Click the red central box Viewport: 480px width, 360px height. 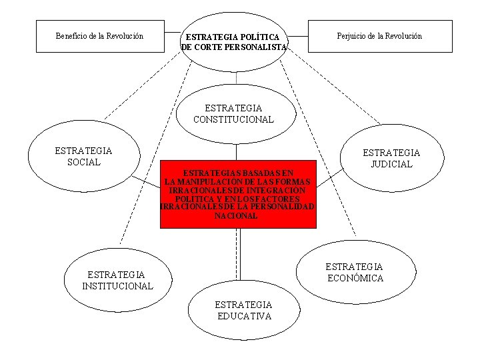[x=237, y=193]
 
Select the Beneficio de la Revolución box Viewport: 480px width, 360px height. [x=100, y=36]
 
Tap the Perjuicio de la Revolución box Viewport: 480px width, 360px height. [x=379, y=36]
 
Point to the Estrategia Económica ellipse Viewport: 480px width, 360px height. [x=355, y=272]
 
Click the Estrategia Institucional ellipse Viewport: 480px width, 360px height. [x=117, y=280]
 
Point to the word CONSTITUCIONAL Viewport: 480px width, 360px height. [x=233, y=120]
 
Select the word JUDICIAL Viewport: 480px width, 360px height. [x=391, y=165]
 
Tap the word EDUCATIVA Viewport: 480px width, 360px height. [x=244, y=317]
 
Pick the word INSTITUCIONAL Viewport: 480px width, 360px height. [x=117, y=287]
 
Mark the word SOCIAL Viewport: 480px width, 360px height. [x=84, y=162]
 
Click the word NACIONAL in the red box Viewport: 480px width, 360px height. [x=236, y=216]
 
